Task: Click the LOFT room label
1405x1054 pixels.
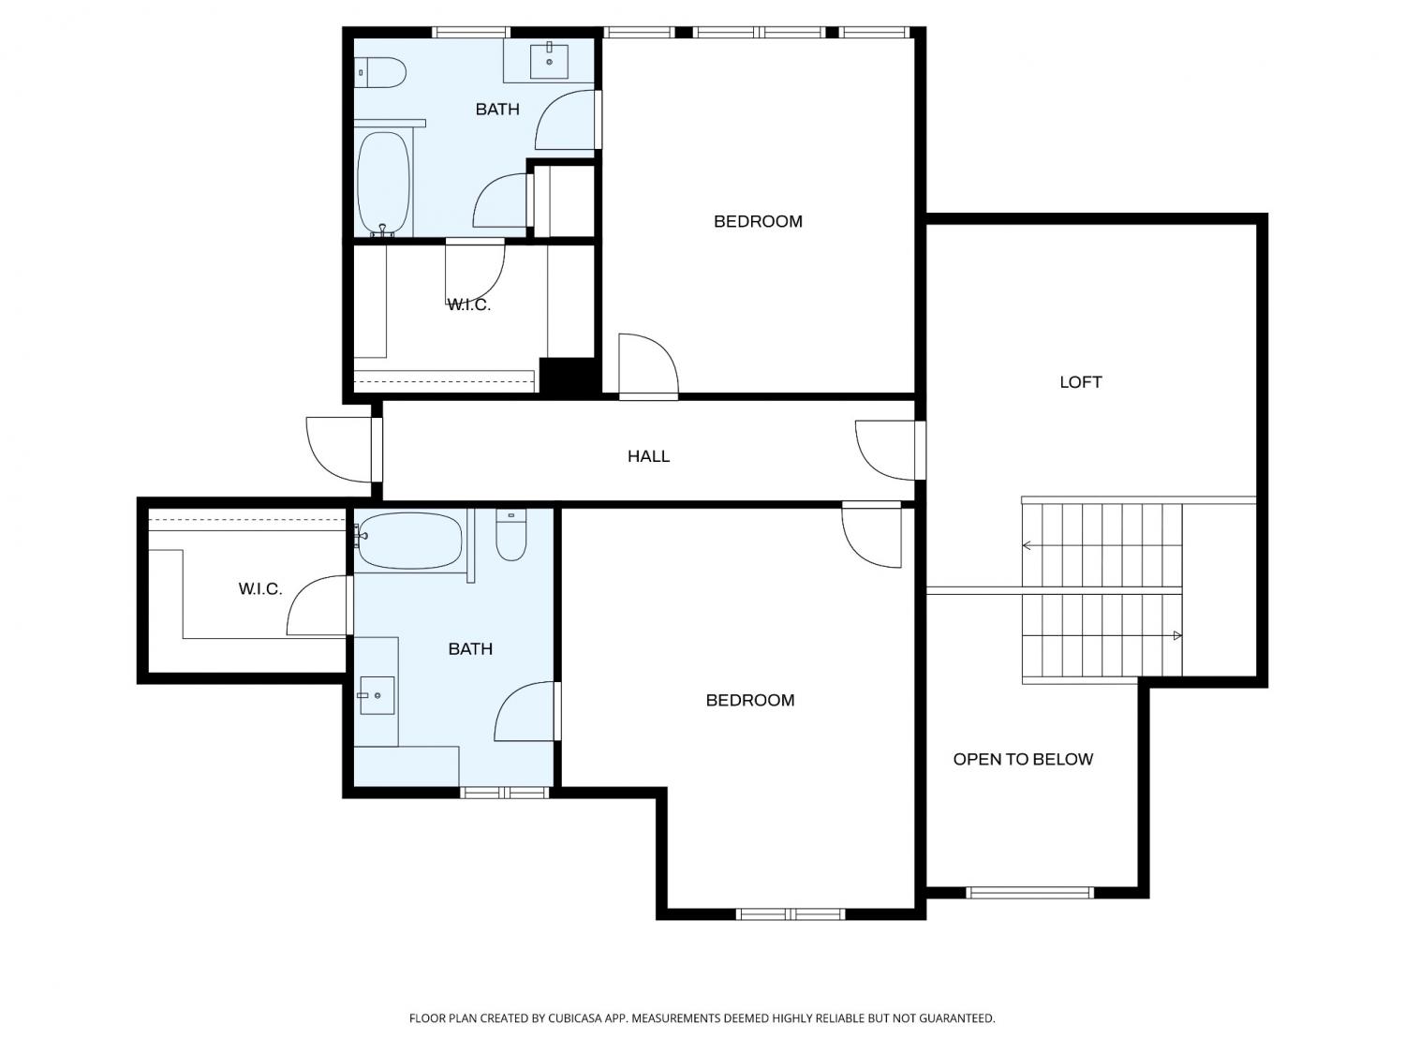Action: pyautogui.click(x=1081, y=382)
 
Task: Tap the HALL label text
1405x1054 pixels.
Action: pyautogui.click(x=648, y=456)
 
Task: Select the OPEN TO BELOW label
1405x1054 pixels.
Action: pyautogui.click(x=1023, y=759)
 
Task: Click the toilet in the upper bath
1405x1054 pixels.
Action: pyautogui.click(x=380, y=72)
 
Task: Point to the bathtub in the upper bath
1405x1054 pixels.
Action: pyautogui.click(x=383, y=185)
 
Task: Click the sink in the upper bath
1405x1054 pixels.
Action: pyautogui.click(x=549, y=61)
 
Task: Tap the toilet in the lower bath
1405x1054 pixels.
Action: pyautogui.click(x=510, y=534)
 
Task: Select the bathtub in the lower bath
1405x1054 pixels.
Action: pyautogui.click(x=409, y=541)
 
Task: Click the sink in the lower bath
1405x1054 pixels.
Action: pyautogui.click(x=377, y=695)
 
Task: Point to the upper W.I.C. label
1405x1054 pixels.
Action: pyautogui.click(x=468, y=304)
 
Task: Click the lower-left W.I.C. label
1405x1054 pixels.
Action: pyautogui.click(x=259, y=588)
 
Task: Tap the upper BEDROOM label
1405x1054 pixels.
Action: pyautogui.click(x=758, y=221)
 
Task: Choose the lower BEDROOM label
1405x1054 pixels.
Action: pyautogui.click(x=750, y=700)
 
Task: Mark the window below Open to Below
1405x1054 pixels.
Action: pyautogui.click(x=1029, y=892)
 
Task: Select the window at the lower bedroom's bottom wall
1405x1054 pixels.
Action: pyautogui.click(x=790, y=914)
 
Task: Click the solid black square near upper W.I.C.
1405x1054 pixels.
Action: pyautogui.click(x=568, y=376)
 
